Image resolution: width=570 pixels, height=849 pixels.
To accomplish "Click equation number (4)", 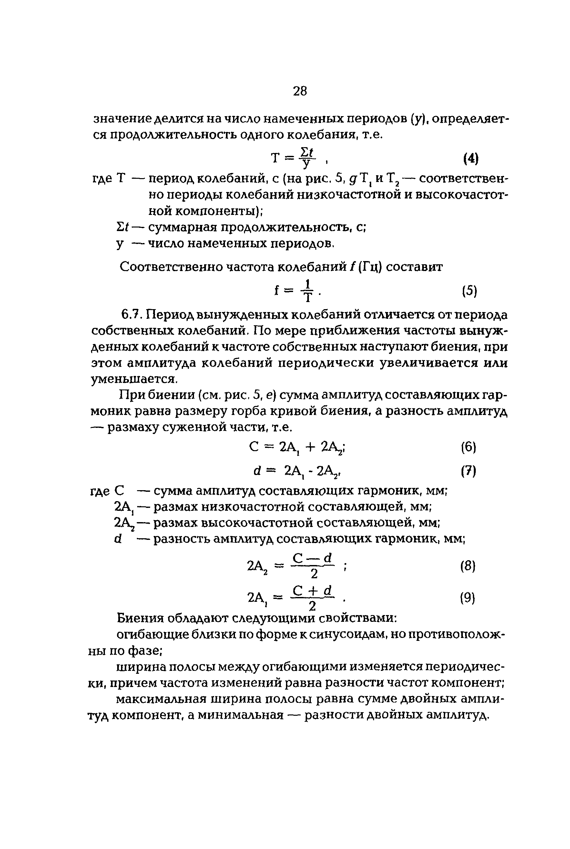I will (x=471, y=159).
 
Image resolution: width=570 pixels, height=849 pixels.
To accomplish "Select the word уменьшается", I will (x=133, y=379).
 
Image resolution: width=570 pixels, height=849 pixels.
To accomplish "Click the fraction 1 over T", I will (x=308, y=291).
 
